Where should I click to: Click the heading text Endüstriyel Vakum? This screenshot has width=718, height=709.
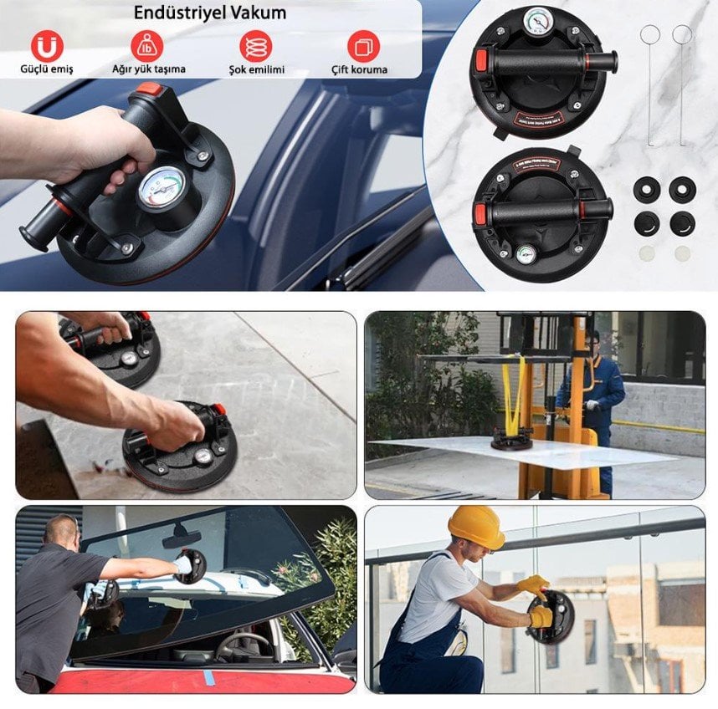(x=210, y=13)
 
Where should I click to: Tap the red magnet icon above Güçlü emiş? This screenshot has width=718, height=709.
(x=47, y=45)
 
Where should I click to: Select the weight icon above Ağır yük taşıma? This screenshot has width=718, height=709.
(x=148, y=45)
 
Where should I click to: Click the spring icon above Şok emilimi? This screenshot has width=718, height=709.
(x=255, y=45)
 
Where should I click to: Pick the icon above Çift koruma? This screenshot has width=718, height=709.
(x=362, y=45)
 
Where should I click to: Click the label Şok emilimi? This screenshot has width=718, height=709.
(x=256, y=69)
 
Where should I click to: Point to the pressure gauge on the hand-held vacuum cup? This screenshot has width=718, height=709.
(x=162, y=186)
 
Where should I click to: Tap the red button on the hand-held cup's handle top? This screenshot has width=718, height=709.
(x=150, y=88)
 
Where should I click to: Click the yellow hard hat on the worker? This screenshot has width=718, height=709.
(x=475, y=526)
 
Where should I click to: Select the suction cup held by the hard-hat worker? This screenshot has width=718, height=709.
(x=551, y=617)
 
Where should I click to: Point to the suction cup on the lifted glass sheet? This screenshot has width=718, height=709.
(x=511, y=438)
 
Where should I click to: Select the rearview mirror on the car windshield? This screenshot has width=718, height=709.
(x=182, y=538)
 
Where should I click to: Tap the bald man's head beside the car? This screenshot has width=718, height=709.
(x=61, y=531)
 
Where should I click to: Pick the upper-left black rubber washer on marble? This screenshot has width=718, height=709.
(x=647, y=188)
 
